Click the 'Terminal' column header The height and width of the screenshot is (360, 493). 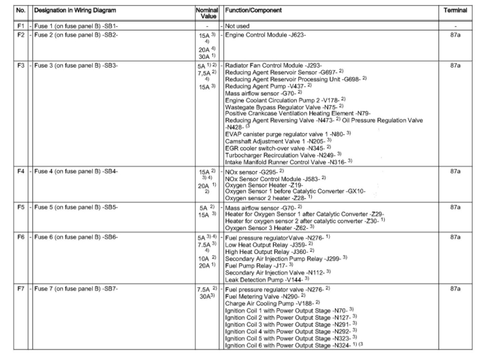point(455,10)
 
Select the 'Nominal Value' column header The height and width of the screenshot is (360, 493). point(206,13)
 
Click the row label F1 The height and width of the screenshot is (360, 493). point(20,26)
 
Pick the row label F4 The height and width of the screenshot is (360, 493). point(20,171)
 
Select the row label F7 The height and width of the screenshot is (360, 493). point(20,289)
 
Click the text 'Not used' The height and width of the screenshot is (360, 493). point(237,26)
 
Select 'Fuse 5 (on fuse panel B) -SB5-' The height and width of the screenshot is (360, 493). point(76,207)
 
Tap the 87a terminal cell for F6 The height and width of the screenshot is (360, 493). point(455,237)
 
